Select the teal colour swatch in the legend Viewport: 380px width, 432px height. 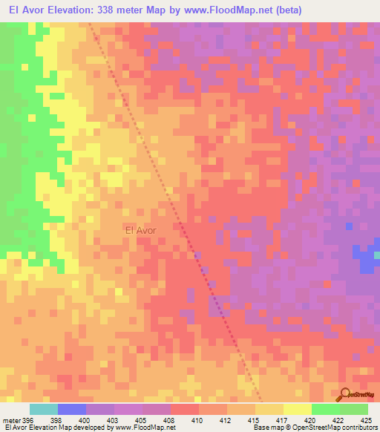point(44,409)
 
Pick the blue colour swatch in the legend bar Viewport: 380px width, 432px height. point(72,409)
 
